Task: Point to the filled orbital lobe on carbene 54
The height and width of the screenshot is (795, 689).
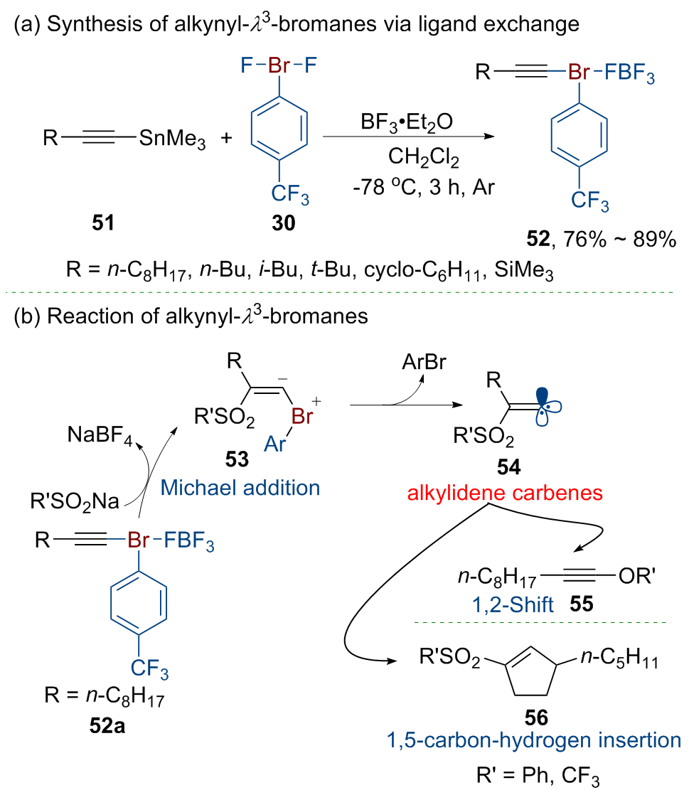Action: click(x=543, y=396)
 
